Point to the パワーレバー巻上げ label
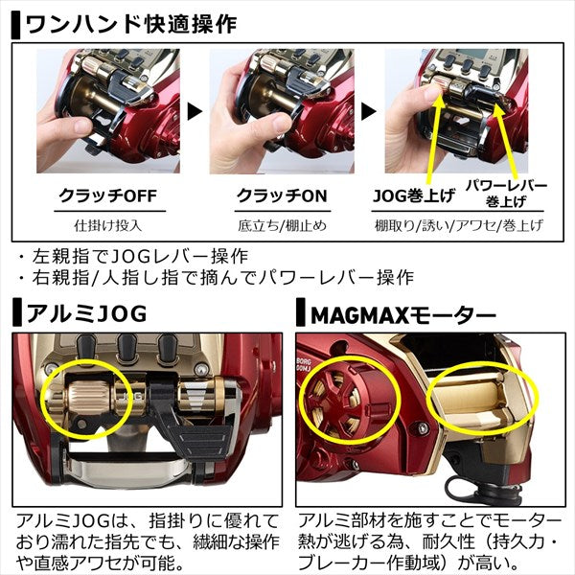[512, 192]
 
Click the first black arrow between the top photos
[195, 112]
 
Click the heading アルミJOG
[84, 313]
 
